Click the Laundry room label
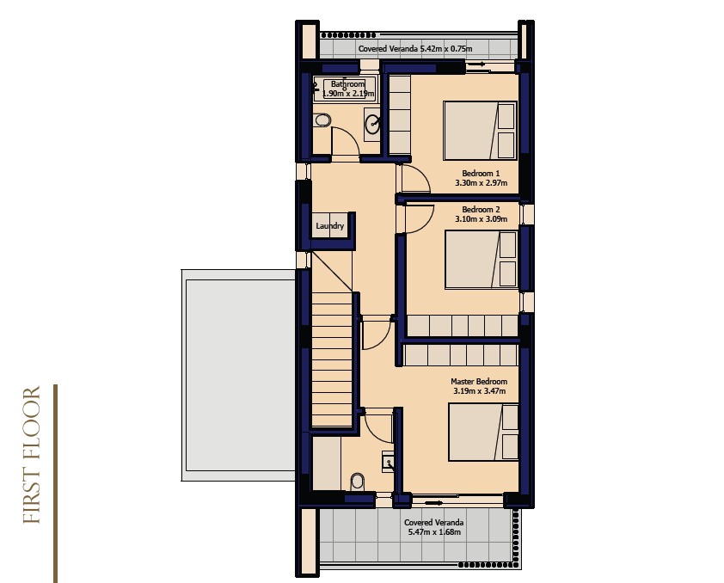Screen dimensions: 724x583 coord(329,226)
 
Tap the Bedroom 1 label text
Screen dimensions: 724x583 coord(481,174)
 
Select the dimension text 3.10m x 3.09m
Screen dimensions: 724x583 coord(482,218)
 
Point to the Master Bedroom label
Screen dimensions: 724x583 coord(479,382)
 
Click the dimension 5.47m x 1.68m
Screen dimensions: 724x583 coord(434,531)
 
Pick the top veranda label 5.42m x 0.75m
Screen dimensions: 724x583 coord(446,48)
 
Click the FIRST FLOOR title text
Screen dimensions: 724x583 coord(32,455)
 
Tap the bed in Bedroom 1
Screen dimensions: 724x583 coord(480,131)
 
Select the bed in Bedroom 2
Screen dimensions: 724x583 coord(482,260)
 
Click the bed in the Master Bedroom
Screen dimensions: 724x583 coord(483,432)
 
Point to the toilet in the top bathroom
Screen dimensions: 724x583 coord(322,120)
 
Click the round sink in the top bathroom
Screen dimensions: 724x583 coord(372,124)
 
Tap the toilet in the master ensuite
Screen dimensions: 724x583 coord(358,482)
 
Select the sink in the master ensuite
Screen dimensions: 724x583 coord(388,463)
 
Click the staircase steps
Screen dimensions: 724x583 coord(332,359)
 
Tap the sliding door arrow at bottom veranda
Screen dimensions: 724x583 coord(433,502)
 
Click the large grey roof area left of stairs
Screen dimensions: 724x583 coord(238,375)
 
